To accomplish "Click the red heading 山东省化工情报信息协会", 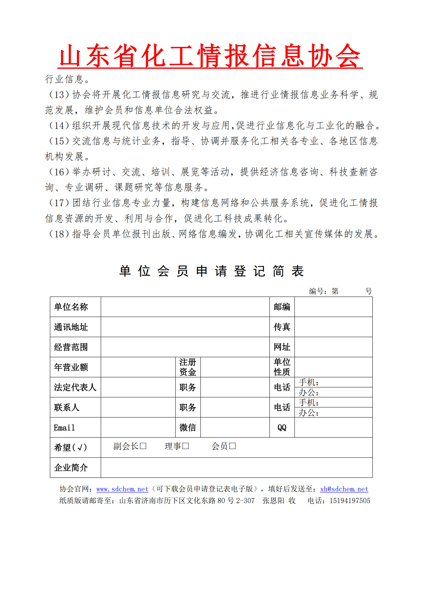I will click(210, 55).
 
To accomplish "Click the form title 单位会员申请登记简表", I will click(211, 271).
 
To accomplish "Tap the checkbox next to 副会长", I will click(143, 446).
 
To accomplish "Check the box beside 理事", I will click(186, 446).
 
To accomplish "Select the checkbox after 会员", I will click(233, 446).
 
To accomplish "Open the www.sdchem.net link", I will click(122, 489).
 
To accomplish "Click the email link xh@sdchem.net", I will click(344, 489).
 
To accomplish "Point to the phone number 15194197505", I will click(350, 501).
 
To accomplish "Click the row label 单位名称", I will click(71, 307).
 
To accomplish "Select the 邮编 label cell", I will click(282, 307).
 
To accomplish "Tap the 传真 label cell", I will click(282, 327).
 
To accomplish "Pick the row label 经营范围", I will click(71, 347).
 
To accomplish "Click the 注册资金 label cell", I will click(188, 367).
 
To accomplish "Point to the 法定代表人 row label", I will click(75, 387).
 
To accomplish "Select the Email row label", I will click(64, 428).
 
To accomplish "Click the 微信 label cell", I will click(188, 428).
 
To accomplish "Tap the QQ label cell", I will click(282, 428).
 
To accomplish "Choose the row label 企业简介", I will click(71, 468).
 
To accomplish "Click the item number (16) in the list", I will click(59, 172).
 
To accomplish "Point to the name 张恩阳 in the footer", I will click(273, 501).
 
